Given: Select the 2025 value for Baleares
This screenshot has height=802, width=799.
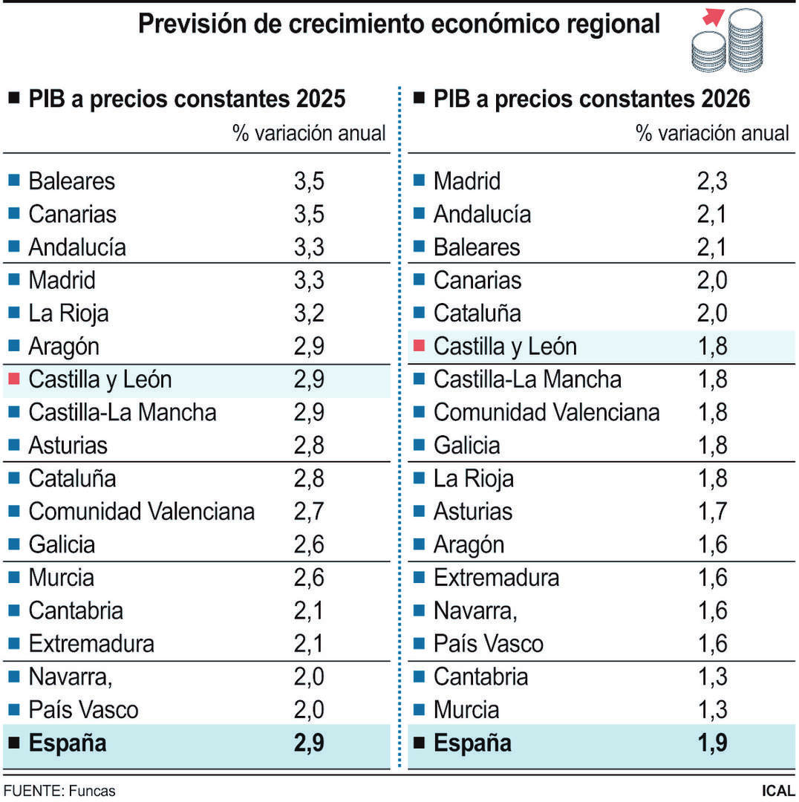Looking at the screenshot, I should coord(309,181).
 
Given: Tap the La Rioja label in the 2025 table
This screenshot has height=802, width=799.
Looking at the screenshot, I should coord(68,313).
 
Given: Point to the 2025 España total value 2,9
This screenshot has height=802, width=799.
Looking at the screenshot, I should coord(309,743).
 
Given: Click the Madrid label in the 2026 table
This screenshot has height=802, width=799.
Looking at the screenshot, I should coord(467,181).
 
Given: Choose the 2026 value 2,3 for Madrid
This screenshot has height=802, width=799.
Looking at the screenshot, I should coord(712,181).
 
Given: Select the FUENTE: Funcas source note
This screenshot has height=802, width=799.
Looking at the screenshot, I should coord(59,791).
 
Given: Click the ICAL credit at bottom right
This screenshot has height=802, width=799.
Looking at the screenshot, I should coord(777,791).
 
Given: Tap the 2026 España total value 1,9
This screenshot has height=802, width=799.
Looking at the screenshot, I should coord(712,743).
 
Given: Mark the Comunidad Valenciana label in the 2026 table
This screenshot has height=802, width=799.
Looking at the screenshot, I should coord(547,412).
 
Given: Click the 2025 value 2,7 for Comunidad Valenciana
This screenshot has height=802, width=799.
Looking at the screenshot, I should coord(309,512).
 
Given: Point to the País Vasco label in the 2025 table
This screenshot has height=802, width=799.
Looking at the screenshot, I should coord(83,710).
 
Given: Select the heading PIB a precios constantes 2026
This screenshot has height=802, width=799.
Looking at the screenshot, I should coord(592,99).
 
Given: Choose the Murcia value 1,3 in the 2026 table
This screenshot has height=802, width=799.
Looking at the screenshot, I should coord(712,710).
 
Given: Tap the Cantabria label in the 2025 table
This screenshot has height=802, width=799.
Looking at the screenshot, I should coord(75,611).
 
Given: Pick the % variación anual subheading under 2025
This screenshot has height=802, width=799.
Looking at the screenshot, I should coord(309,134).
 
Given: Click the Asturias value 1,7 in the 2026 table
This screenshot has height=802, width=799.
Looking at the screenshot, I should coord(712,512).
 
